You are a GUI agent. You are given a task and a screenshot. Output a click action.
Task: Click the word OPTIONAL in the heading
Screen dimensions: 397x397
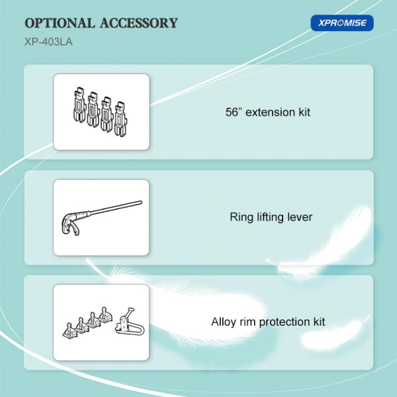tap(60, 23)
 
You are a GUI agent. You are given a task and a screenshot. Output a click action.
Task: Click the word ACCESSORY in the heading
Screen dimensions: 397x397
tap(139, 23)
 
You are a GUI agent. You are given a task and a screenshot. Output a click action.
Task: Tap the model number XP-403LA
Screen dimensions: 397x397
tap(48, 42)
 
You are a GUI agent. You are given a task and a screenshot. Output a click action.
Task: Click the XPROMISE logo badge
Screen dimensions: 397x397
tap(342, 23)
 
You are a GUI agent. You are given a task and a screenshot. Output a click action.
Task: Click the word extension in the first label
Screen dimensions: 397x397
tap(269, 112)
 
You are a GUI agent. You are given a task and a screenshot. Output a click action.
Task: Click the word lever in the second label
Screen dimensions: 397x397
tap(300, 217)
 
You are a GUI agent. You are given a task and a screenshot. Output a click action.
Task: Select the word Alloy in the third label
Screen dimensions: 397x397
tap(221, 322)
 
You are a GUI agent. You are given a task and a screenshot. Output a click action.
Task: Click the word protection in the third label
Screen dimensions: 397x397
tap(285, 322)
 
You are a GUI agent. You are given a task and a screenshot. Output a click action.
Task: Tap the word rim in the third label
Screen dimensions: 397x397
tap(245, 322)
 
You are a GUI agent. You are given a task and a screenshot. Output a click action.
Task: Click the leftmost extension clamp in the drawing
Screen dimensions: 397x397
tap(79, 105)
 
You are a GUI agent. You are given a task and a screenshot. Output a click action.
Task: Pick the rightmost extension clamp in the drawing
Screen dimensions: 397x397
tap(120, 120)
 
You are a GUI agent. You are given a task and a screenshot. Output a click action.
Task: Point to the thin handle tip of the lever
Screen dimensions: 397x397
tap(141, 202)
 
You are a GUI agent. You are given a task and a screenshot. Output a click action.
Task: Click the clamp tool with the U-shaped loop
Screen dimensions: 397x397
tap(129, 323)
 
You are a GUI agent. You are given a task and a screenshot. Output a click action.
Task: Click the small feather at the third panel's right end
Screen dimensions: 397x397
tap(334, 335)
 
